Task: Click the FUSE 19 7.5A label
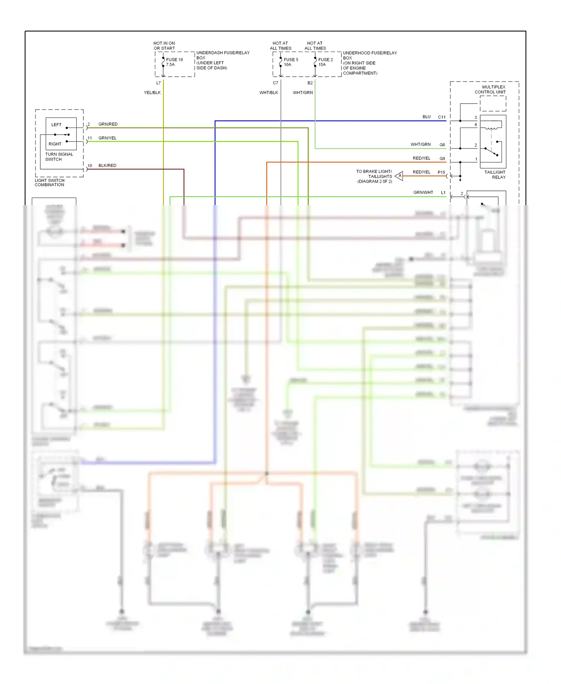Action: (174, 62)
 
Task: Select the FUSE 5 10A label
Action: (291, 62)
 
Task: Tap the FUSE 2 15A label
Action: (325, 62)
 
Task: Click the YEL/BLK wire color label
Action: (152, 92)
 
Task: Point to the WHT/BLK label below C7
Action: (269, 92)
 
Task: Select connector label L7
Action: (159, 83)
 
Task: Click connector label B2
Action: (310, 83)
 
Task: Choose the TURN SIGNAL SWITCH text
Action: (59, 157)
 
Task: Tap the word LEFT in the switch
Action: (56, 125)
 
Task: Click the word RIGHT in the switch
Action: (55, 144)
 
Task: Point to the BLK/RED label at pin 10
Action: (107, 165)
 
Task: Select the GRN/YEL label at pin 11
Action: (107, 138)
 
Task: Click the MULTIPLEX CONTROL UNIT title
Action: (491, 89)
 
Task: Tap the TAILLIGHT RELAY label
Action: (495, 175)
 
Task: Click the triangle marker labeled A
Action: (399, 176)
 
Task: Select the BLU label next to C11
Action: (426, 117)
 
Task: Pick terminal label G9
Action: (442, 159)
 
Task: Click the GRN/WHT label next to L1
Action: (423, 192)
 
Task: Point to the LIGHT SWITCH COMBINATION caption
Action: (49, 183)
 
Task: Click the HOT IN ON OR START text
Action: (164, 46)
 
